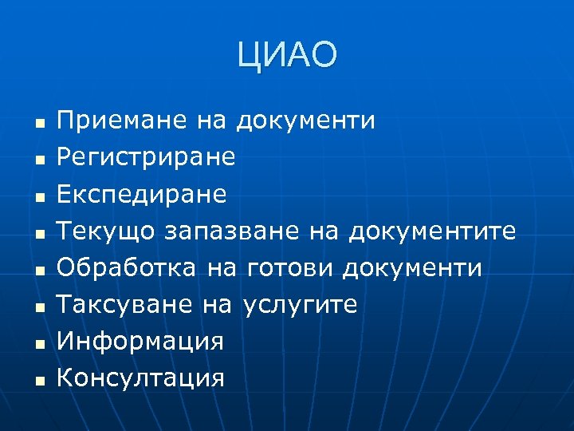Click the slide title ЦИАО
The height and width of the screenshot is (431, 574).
point(287,56)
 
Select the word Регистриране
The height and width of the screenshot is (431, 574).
point(147,158)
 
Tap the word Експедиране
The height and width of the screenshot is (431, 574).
point(143,195)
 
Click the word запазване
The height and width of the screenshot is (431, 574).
point(232,231)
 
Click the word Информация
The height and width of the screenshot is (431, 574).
point(141,342)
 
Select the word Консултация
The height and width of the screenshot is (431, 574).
point(142,378)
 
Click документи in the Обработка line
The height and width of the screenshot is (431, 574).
point(411,268)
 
